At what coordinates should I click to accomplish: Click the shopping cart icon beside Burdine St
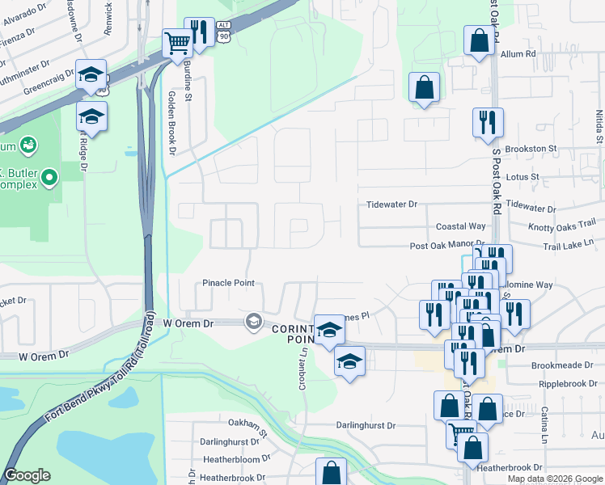pyautogui.click(x=176, y=42)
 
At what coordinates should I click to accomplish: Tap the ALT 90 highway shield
pyautogui.click(x=222, y=32)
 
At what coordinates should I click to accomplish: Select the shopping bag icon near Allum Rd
pyautogui.click(x=479, y=40)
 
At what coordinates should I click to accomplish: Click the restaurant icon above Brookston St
pyautogui.click(x=488, y=122)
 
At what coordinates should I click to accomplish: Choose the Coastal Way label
pyautogui.click(x=461, y=227)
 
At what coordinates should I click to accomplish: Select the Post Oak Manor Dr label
pyautogui.click(x=446, y=244)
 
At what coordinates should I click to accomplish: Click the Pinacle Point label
pyautogui.click(x=228, y=283)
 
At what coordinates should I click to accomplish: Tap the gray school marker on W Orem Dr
pyautogui.click(x=254, y=322)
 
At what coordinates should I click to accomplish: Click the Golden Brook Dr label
pyautogui.click(x=171, y=121)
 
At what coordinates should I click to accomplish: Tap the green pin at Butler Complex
pyautogui.click(x=50, y=176)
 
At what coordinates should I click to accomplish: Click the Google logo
pyautogui.click(x=27, y=476)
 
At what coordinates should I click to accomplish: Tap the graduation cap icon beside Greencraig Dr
pyautogui.click(x=91, y=74)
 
